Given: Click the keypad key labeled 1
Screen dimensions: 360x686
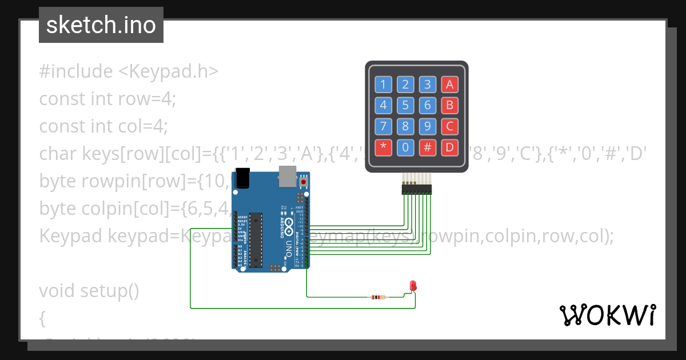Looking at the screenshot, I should (383, 85).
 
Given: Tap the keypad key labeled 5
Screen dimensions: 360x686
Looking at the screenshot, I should (405, 106).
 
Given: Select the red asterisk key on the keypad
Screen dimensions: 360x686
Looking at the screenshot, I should (383, 147).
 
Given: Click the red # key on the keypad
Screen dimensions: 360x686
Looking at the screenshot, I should (427, 147).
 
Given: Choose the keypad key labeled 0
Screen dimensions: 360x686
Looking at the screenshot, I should (405, 147).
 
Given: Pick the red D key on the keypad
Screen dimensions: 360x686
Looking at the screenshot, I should (449, 147).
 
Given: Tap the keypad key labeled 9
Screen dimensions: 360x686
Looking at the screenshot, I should (427, 126).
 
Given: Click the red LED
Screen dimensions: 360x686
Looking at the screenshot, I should (413, 286).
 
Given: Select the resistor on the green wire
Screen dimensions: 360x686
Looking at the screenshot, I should (378, 297).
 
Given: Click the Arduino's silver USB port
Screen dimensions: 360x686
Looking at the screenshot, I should (287, 177).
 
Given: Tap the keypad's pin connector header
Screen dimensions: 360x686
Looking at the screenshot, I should (417, 188).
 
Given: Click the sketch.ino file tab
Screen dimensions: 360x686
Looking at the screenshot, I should (101, 25).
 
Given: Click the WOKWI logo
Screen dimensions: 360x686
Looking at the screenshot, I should (608, 315).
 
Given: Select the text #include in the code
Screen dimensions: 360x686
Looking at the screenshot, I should (76, 71).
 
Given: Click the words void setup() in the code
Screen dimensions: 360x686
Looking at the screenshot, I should (89, 291).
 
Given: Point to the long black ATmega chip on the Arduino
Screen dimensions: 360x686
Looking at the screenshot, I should (256, 240).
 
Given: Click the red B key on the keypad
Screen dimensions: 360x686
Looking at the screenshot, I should (449, 106).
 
